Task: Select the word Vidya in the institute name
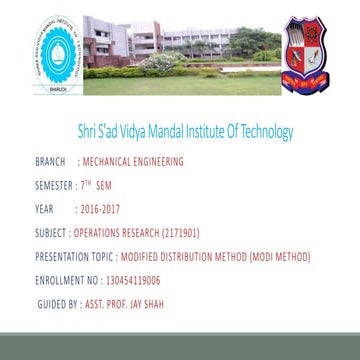coord(158,131)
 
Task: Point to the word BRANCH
coord(49,160)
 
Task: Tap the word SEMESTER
coord(54,185)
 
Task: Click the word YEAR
coord(43,209)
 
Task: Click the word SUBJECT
coord(51,233)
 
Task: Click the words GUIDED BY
coord(58,303)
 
